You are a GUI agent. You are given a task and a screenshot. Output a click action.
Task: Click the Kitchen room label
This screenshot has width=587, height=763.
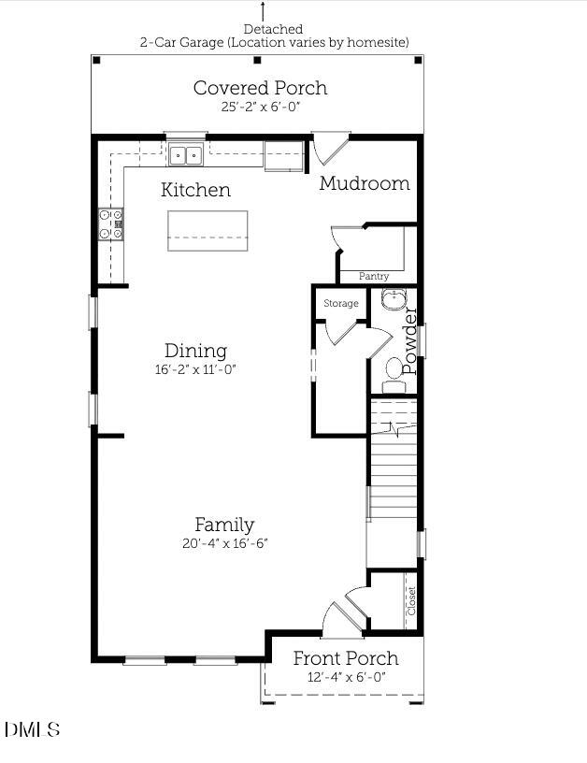195,190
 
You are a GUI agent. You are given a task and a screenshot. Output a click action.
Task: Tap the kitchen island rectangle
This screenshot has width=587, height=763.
208,231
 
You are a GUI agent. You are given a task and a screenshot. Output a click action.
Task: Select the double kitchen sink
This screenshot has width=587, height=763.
186,154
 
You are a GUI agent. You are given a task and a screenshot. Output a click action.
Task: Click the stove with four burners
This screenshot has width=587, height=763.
111,224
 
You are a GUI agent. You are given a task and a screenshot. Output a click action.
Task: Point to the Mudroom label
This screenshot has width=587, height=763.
365,183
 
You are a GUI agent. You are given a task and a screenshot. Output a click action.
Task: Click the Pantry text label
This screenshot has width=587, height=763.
374,277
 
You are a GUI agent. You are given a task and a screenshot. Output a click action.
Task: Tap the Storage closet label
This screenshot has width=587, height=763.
341,304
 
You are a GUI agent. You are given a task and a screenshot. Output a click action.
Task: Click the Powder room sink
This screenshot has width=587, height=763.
394,300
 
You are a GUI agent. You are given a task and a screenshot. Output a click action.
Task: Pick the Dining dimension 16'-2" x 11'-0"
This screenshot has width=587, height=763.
195,369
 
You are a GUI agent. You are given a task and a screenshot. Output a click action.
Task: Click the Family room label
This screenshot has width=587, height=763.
224,525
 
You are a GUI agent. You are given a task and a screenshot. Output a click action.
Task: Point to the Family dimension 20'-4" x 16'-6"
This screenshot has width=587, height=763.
225,543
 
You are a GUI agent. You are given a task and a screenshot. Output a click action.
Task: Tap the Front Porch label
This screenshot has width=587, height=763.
346,658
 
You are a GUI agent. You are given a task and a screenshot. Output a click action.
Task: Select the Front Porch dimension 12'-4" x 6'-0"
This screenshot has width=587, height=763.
346,677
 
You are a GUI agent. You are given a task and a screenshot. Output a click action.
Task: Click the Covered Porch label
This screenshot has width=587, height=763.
260,88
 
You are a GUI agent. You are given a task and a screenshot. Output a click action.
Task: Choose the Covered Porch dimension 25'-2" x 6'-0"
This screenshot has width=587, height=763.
261,108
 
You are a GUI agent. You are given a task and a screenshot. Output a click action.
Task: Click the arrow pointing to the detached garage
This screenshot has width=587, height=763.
262,11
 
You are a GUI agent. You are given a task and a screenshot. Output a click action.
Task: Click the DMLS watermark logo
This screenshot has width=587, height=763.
33,729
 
